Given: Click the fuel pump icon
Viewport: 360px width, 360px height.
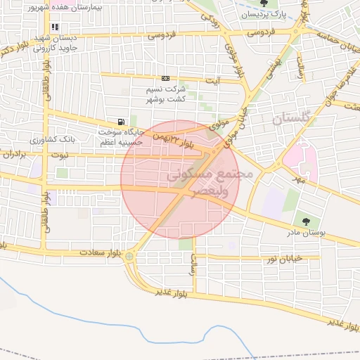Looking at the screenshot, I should tap(123, 121).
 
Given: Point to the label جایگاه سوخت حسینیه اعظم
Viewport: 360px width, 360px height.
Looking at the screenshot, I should tap(120, 136).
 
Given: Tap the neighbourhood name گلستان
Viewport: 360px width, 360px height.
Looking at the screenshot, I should tap(290, 120).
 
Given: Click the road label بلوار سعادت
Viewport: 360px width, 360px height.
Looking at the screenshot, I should tap(97, 251).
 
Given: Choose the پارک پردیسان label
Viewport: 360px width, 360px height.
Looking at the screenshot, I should tap(264, 14).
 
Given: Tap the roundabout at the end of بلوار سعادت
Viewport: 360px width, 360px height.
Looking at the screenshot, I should tap(129, 257).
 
